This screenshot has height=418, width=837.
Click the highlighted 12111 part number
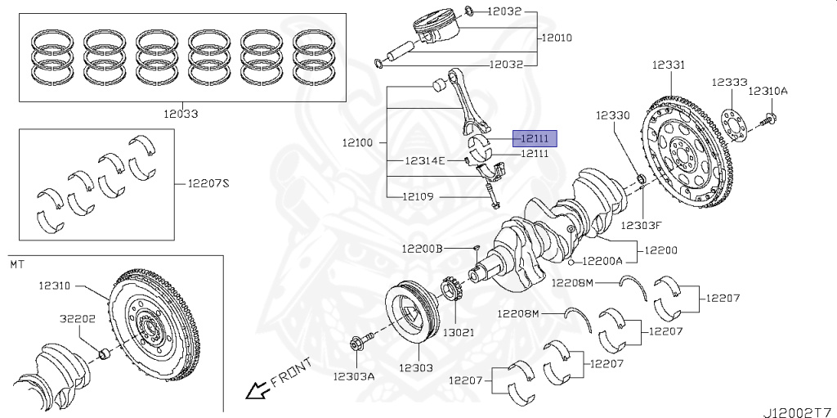click(x=535, y=138)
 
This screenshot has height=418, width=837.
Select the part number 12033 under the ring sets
click(x=180, y=115)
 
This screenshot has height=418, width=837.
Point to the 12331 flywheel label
click(x=669, y=64)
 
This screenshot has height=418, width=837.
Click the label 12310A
click(x=768, y=91)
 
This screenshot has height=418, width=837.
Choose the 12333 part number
click(x=728, y=83)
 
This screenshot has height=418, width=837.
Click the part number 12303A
click(x=353, y=376)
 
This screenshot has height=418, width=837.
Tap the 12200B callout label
click(x=422, y=248)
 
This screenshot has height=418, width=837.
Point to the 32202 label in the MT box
click(x=78, y=318)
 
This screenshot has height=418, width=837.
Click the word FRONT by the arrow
click(x=291, y=372)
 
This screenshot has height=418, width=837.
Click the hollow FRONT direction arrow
click(x=257, y=389)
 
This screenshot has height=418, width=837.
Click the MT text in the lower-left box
click(x=17, y=265)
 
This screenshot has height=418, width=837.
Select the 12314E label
click(x=425, y=160)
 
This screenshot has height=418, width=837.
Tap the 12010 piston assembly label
click(x=556, y=38)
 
